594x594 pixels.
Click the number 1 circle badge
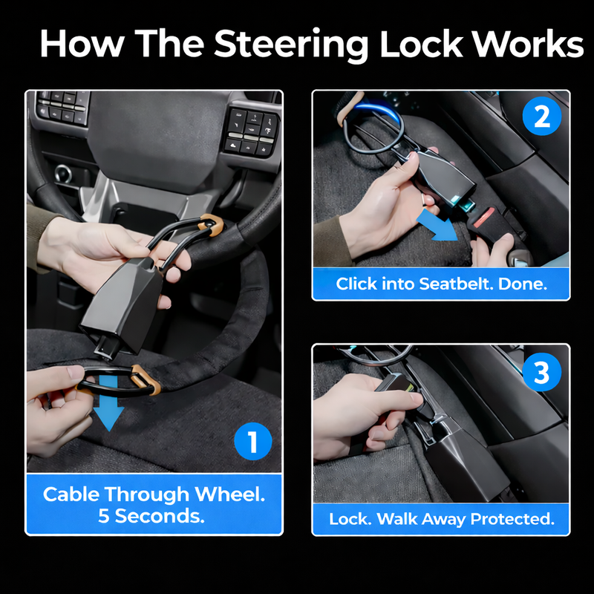[x=252, y=443]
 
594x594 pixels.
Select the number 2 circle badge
[x=542, y=119]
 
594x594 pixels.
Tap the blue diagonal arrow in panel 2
[x=436, y=226]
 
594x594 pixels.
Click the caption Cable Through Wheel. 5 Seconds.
[x=154, y=505]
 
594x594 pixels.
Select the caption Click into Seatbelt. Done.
[x=441, y=284]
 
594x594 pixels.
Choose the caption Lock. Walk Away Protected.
[x=441, y=519]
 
